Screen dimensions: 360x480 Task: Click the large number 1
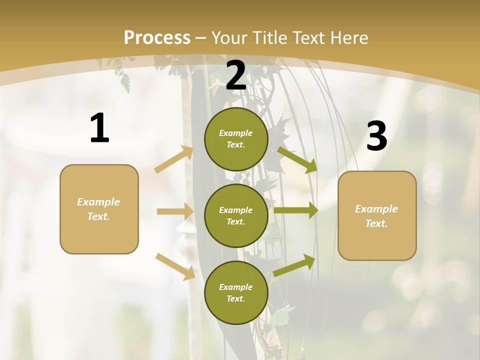(x=99, y=128)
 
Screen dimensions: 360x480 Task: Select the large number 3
(x=376, y=136)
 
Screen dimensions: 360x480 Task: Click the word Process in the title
(x=157, y=37)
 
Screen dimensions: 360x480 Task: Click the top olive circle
(x=236, y=139)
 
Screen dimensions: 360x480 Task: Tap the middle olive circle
(x=236, y=216)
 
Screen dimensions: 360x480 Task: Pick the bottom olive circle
(x=236, y=293)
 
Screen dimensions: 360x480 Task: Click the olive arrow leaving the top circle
(x=297, y=159)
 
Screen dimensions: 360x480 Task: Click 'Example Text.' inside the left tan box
(x=98, y=209)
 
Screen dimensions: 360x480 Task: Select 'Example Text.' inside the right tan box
(x=376, y=216)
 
